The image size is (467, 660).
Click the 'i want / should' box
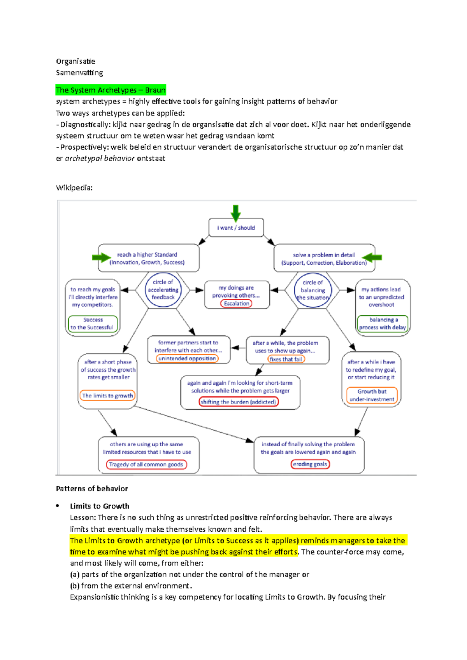(x=236, y=228)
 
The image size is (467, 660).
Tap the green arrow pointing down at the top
(x=235, y=213)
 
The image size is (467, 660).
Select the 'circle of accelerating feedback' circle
(x=163, y=290)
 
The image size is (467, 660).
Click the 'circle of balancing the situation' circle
(x=313, y=290)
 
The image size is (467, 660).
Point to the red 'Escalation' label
(x=236, y=304)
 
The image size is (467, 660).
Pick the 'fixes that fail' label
(x=286, y=359)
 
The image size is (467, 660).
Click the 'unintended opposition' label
(x=187, y=358)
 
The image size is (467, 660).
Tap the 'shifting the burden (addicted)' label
(x=239, y=402)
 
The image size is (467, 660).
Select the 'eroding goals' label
(x=310, y=464)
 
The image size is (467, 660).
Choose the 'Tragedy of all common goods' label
(x=146, y=464)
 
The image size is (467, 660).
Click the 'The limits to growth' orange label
(x=107, y=396)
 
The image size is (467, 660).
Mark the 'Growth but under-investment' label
(x=372, y=395)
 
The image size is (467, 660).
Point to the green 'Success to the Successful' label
(x=93, y=324)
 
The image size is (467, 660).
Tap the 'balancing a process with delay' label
(x=383, y=324)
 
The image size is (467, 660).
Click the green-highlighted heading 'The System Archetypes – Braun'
(x=111, y=90)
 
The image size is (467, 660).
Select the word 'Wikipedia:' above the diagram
(x=74, y=188)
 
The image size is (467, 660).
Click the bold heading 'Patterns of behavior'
(x=92, y=489)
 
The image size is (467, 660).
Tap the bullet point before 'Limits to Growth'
(x=58, y=506)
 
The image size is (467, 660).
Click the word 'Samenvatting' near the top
(x=79, y=73)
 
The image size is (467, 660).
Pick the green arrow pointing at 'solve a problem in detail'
(x=372, y=257)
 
